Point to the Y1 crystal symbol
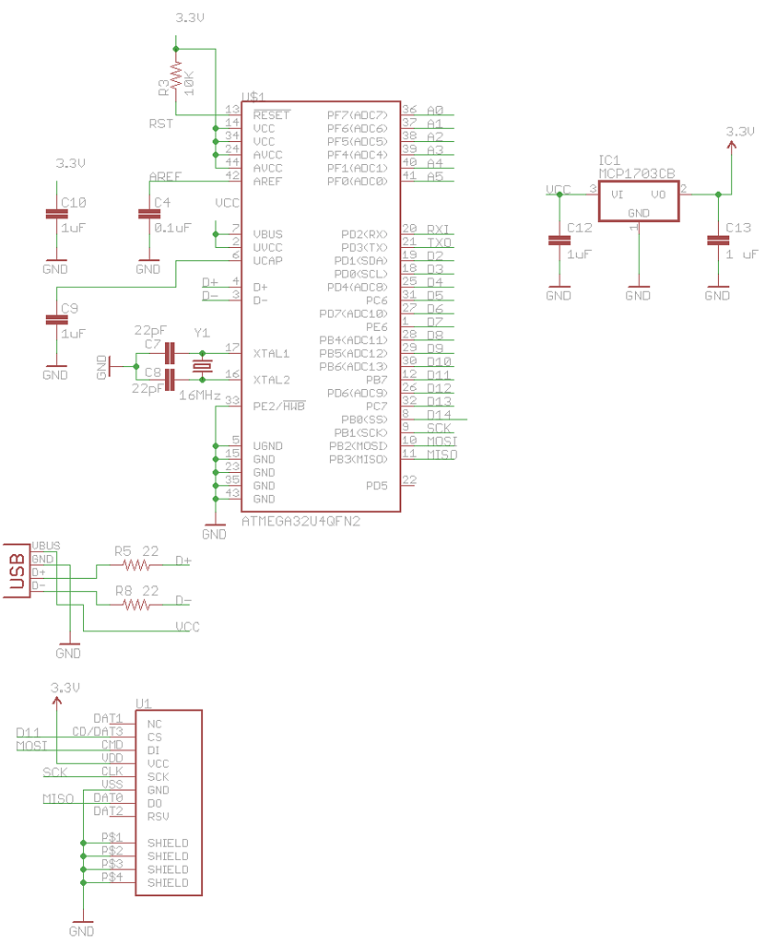coord(202,365)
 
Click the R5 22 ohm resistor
coord(136,564)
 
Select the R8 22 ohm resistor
coord(136,605)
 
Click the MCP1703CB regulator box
coord(638,201)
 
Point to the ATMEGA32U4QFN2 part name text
coord(300,521)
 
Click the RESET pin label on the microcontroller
coord(272,115)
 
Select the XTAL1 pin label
coord(272,353)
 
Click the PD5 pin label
coord(376,485)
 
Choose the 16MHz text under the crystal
coord(199,395)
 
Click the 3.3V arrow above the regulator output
coord(733,147)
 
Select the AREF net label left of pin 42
coord(165,176)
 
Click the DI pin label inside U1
coord(154,750)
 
